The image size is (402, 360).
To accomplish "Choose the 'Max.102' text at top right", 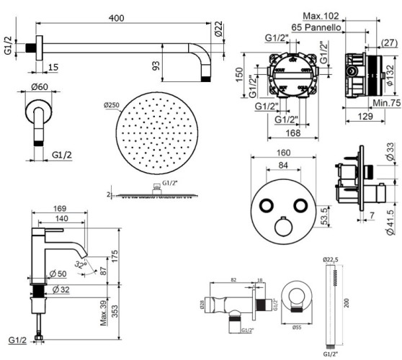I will point(321,16).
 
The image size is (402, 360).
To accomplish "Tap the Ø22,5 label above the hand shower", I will point(331,260).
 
